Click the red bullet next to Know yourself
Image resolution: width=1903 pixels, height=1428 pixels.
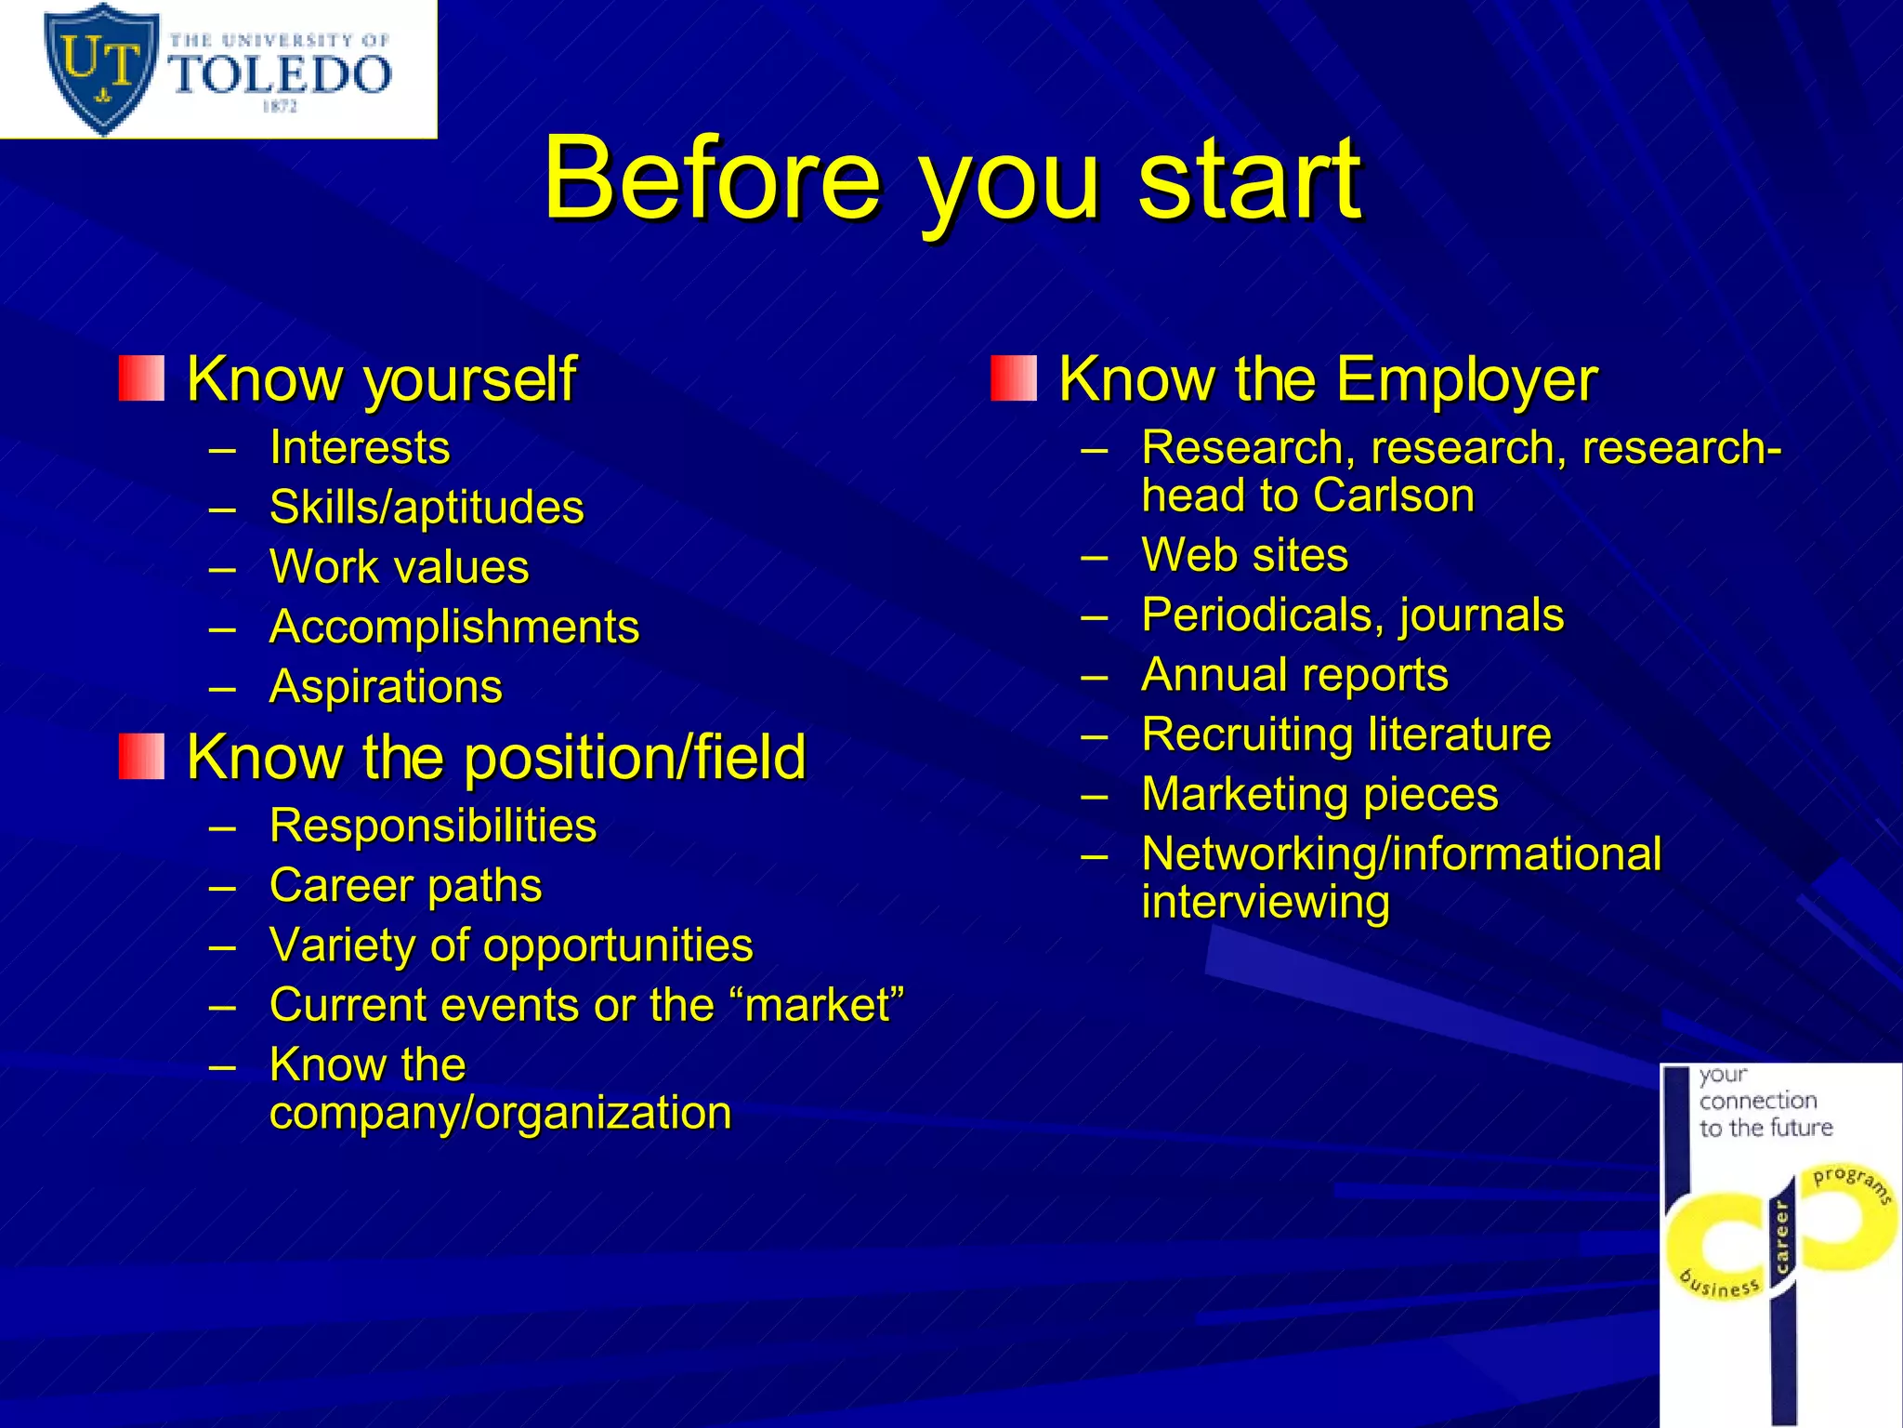[x=141, y=378]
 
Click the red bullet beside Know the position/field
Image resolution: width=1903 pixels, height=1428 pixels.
[x=141, y=756]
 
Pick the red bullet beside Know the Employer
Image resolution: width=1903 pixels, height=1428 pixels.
[x=1013, y=378]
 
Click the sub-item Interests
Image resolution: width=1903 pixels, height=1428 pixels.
[x=360, y=447]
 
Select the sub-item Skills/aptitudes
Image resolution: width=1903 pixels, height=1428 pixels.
[x=427, y=508]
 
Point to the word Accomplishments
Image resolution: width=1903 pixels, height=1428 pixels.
[x=454, y=627]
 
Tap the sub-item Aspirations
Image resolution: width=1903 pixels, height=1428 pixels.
[x=386, y=687]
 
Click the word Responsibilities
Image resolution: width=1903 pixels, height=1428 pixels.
[x=433, y=826]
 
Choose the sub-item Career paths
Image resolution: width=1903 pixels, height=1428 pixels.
[x=405, y=885]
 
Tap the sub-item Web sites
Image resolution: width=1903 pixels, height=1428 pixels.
[x=1244, y=555]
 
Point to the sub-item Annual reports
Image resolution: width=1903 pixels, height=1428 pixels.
[x=1294, y=675]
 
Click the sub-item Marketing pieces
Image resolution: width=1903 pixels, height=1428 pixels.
[x=1319, y=795]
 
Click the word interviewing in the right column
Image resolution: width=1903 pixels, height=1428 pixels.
[x=1266, y=902]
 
